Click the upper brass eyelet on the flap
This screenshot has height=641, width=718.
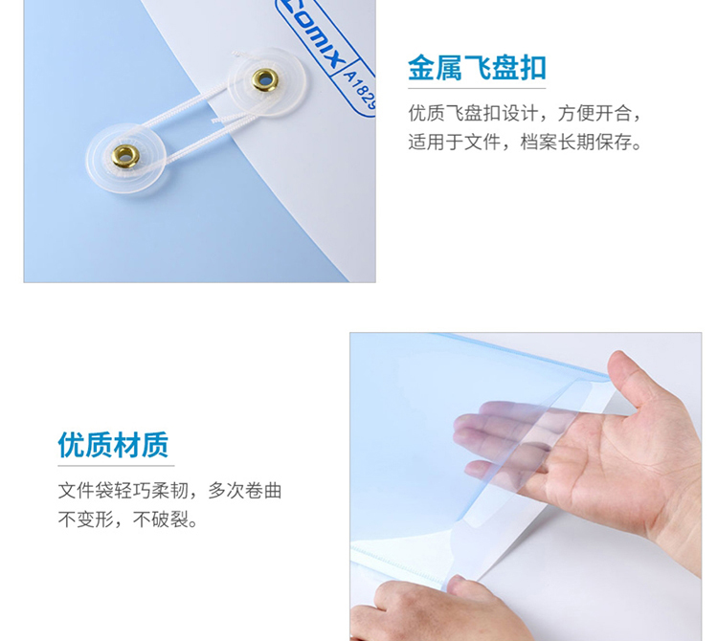pyautogui.click(x=264, y=79)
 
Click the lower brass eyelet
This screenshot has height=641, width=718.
pyautogui.click(x=125, y=156)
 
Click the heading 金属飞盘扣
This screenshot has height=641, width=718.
pyautogui.click(x=477, y=68)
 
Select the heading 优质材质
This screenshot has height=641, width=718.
pyautogui.click(x=113, y=445)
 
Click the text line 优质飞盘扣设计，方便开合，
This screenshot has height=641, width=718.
pyautogui.click(x=525, y=113)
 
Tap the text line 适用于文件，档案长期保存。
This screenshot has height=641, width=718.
pyautogui.click(x=525, y=143)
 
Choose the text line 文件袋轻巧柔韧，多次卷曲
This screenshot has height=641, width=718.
pyautogui.click(x=169, y=491)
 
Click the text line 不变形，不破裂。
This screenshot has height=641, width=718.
pyautogui.click(x=127, y=519)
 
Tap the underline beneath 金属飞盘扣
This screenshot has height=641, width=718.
pyautogui.click(x=477, y=88)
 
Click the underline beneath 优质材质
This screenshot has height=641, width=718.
pyautogui.click(x=116, y=466)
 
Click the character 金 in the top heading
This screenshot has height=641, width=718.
pyautogui.click(x=421, y=68)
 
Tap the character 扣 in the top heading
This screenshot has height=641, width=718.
pyautogui.click(x=532, y=68)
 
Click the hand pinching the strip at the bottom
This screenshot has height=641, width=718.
pyautogui.click(x=435, y=610)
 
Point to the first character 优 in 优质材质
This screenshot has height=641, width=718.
pyautogui.click(x=72, y=445)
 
